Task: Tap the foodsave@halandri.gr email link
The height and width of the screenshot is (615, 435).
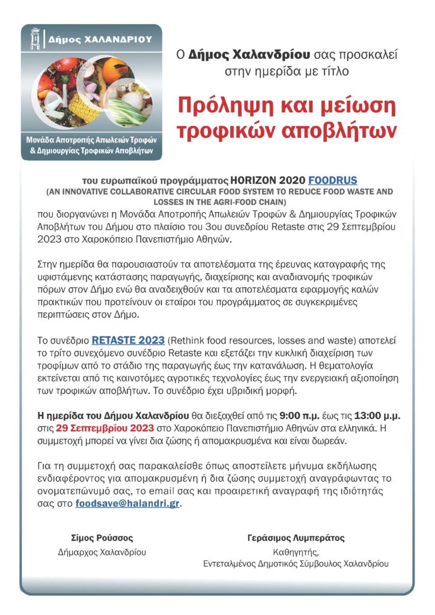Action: [x=127, y=504]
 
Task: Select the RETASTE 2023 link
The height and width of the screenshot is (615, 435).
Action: [x=128, y=341]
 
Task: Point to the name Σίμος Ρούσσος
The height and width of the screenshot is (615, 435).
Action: [x=102, y=538]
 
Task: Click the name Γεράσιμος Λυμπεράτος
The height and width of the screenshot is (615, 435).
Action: [x=296, y=538]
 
